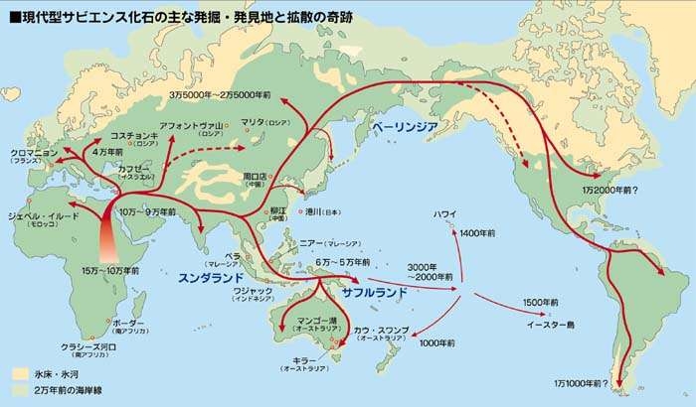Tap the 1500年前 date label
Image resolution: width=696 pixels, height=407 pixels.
tap(542, 301)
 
